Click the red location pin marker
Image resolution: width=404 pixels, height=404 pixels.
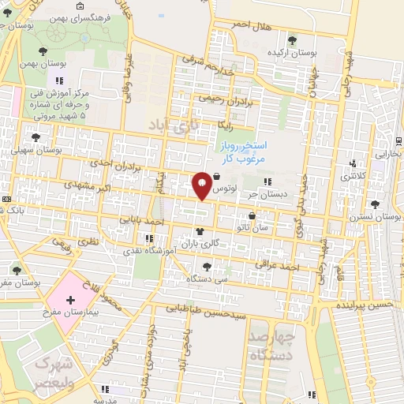click(202, 185)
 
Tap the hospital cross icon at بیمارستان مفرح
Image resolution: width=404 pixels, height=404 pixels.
click(70, 301)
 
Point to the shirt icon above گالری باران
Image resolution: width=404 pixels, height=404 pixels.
click(199, 231)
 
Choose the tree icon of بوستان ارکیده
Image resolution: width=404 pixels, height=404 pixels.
click(294, 39)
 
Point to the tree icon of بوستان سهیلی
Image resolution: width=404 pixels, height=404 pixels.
click(33, 137)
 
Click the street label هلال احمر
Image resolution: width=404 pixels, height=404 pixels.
click(251, 25)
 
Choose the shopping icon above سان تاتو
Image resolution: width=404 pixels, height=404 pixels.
click(252, 215)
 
